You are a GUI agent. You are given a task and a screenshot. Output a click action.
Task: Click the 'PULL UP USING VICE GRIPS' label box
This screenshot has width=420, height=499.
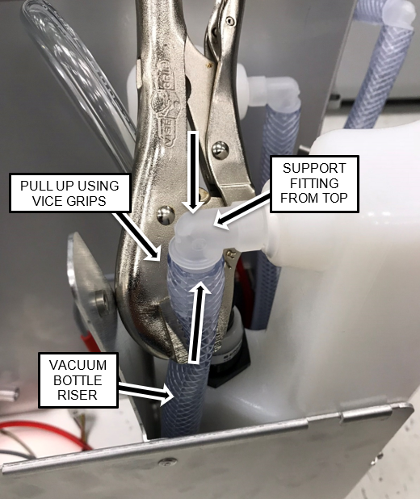coord(70,193)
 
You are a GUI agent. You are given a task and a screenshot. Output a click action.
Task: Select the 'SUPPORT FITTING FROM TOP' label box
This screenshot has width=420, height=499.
coord(314,184)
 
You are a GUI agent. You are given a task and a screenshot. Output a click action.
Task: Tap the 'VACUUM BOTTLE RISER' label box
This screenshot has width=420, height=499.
coord(78,380)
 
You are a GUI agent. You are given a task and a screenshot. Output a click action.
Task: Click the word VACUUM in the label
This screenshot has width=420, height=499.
coord(78,365)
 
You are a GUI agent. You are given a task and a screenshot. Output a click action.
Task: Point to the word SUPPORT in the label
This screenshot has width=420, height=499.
coord(314,168)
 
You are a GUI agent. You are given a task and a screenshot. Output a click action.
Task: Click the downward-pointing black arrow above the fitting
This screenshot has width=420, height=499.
coord(193,172)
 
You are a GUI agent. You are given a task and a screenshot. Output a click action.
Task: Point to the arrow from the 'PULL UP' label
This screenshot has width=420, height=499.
coord(137,236)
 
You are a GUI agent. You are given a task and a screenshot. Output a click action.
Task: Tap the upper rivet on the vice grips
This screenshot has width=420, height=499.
coord(220,150)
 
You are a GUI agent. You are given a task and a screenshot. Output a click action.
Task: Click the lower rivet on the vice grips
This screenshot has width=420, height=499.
coord(166,216)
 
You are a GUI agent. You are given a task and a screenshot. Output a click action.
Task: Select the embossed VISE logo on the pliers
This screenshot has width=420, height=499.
coord(166,105)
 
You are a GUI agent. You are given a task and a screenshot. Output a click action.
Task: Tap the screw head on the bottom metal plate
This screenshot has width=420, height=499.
coord(168,462)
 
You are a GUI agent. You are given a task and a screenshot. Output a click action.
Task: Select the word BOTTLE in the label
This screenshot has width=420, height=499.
coord(78,380)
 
